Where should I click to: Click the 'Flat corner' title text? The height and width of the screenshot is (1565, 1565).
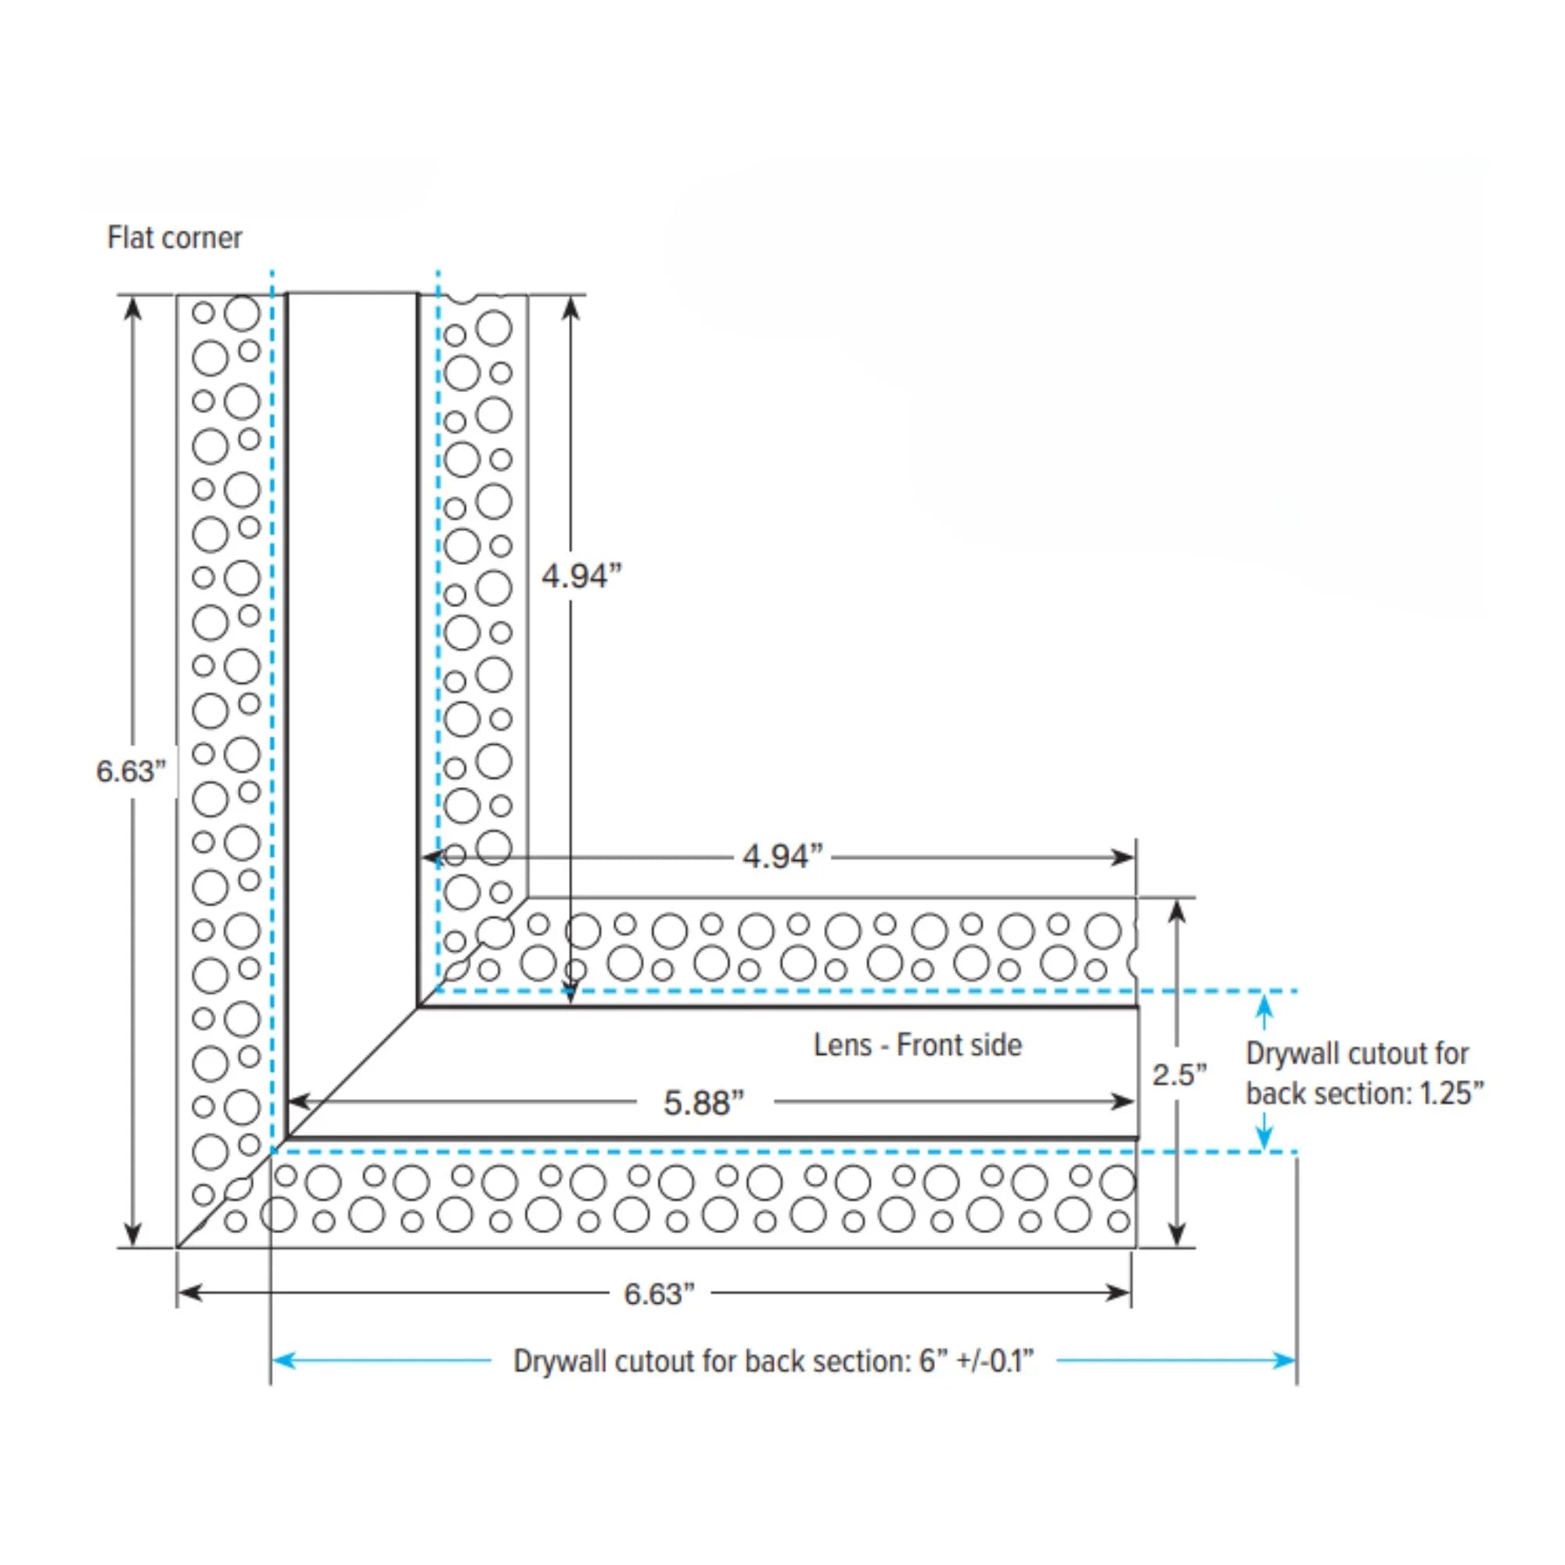(x=174, y=237)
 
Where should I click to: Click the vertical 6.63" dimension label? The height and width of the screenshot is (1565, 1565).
(x=131, y=772)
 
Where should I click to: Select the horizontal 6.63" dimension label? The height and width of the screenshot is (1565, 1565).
(x=659, y=1293)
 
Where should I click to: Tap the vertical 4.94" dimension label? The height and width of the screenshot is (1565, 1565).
(x=581, y=577)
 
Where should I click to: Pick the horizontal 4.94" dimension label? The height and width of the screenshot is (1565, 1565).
(x=782, y=856)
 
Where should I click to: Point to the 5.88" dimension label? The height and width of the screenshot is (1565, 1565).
(x=703, y=1103)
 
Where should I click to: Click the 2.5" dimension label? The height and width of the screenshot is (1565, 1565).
(x=1178, y=1075)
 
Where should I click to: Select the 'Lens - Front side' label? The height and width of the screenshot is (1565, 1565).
(x=917, y=1045)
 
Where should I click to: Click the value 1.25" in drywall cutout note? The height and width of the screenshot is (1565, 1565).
(x=1451, y=1094)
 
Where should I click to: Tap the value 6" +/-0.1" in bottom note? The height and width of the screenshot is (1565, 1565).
(x=976, y=1361)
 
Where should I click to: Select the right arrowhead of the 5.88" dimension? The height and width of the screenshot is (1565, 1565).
(x=1124, y=1102)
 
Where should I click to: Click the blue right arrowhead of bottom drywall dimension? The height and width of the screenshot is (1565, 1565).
(x=1285, y=1360)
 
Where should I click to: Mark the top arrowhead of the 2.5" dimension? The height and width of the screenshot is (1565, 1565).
(x=1177, y=912)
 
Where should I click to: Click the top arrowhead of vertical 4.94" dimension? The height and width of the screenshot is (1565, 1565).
(x=571, y=308)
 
